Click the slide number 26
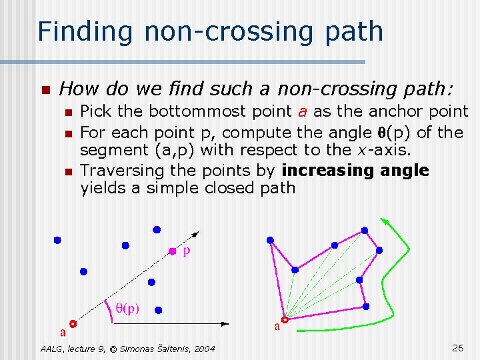click(x=458, y=347)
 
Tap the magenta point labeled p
click(x=172, y=251)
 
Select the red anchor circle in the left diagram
click(x=73, y=324)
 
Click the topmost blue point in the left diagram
click(x=157, y=229)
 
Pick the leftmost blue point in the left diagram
click(x=57, y=240)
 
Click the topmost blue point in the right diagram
click(x=364, y=230)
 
